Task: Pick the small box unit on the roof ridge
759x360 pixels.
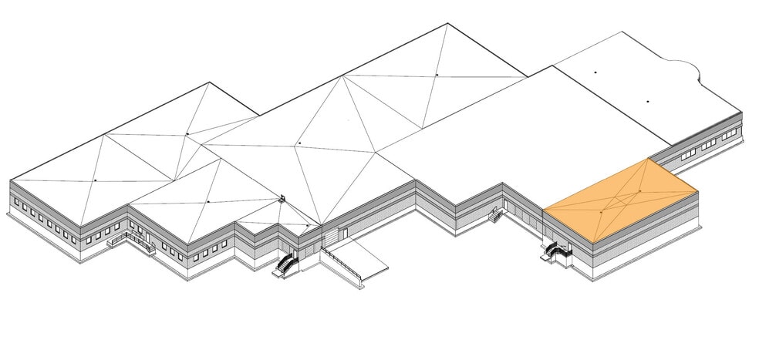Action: pyautogui.click(x=283, y=198)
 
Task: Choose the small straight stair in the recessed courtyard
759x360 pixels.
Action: pyautogui.click(x=493, y=217)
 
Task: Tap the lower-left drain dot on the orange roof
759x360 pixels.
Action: pyautogui.click(x=601, y=210)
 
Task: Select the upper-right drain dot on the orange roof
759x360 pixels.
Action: pyautogui.click(x=640, y=190)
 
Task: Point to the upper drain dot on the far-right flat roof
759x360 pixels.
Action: pyautogui.click(x=595, y=72)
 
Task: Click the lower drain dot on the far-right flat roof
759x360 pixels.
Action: pyautogui.click(x=648, y=101)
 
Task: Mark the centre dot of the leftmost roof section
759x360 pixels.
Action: pyautogui.click(x=95, y=180)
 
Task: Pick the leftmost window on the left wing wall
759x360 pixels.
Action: pyautogui.click(x=16, y=201)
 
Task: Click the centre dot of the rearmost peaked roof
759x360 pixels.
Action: pyautogui.click(x=437, y=75)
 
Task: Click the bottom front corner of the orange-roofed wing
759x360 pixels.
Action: pyautogui.click(x=572, y=270)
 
